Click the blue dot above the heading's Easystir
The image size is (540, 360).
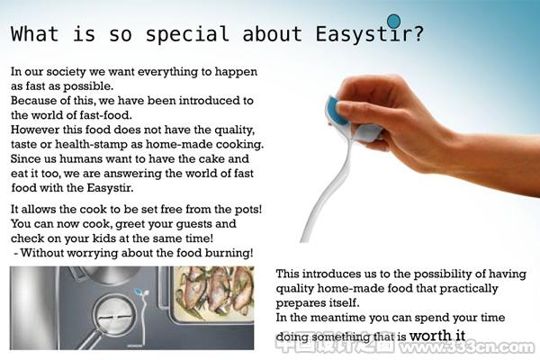tap(393, 21)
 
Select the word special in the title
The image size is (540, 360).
tap(187, 34)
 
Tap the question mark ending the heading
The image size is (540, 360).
tap(418, 33)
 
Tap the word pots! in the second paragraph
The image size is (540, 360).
tap(248, 209)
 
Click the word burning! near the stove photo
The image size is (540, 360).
tap(229, 253)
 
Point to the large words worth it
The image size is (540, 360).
tap(437, 335)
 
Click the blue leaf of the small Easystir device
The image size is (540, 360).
tap(138, 292)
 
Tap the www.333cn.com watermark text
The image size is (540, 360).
tap(465, 346)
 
